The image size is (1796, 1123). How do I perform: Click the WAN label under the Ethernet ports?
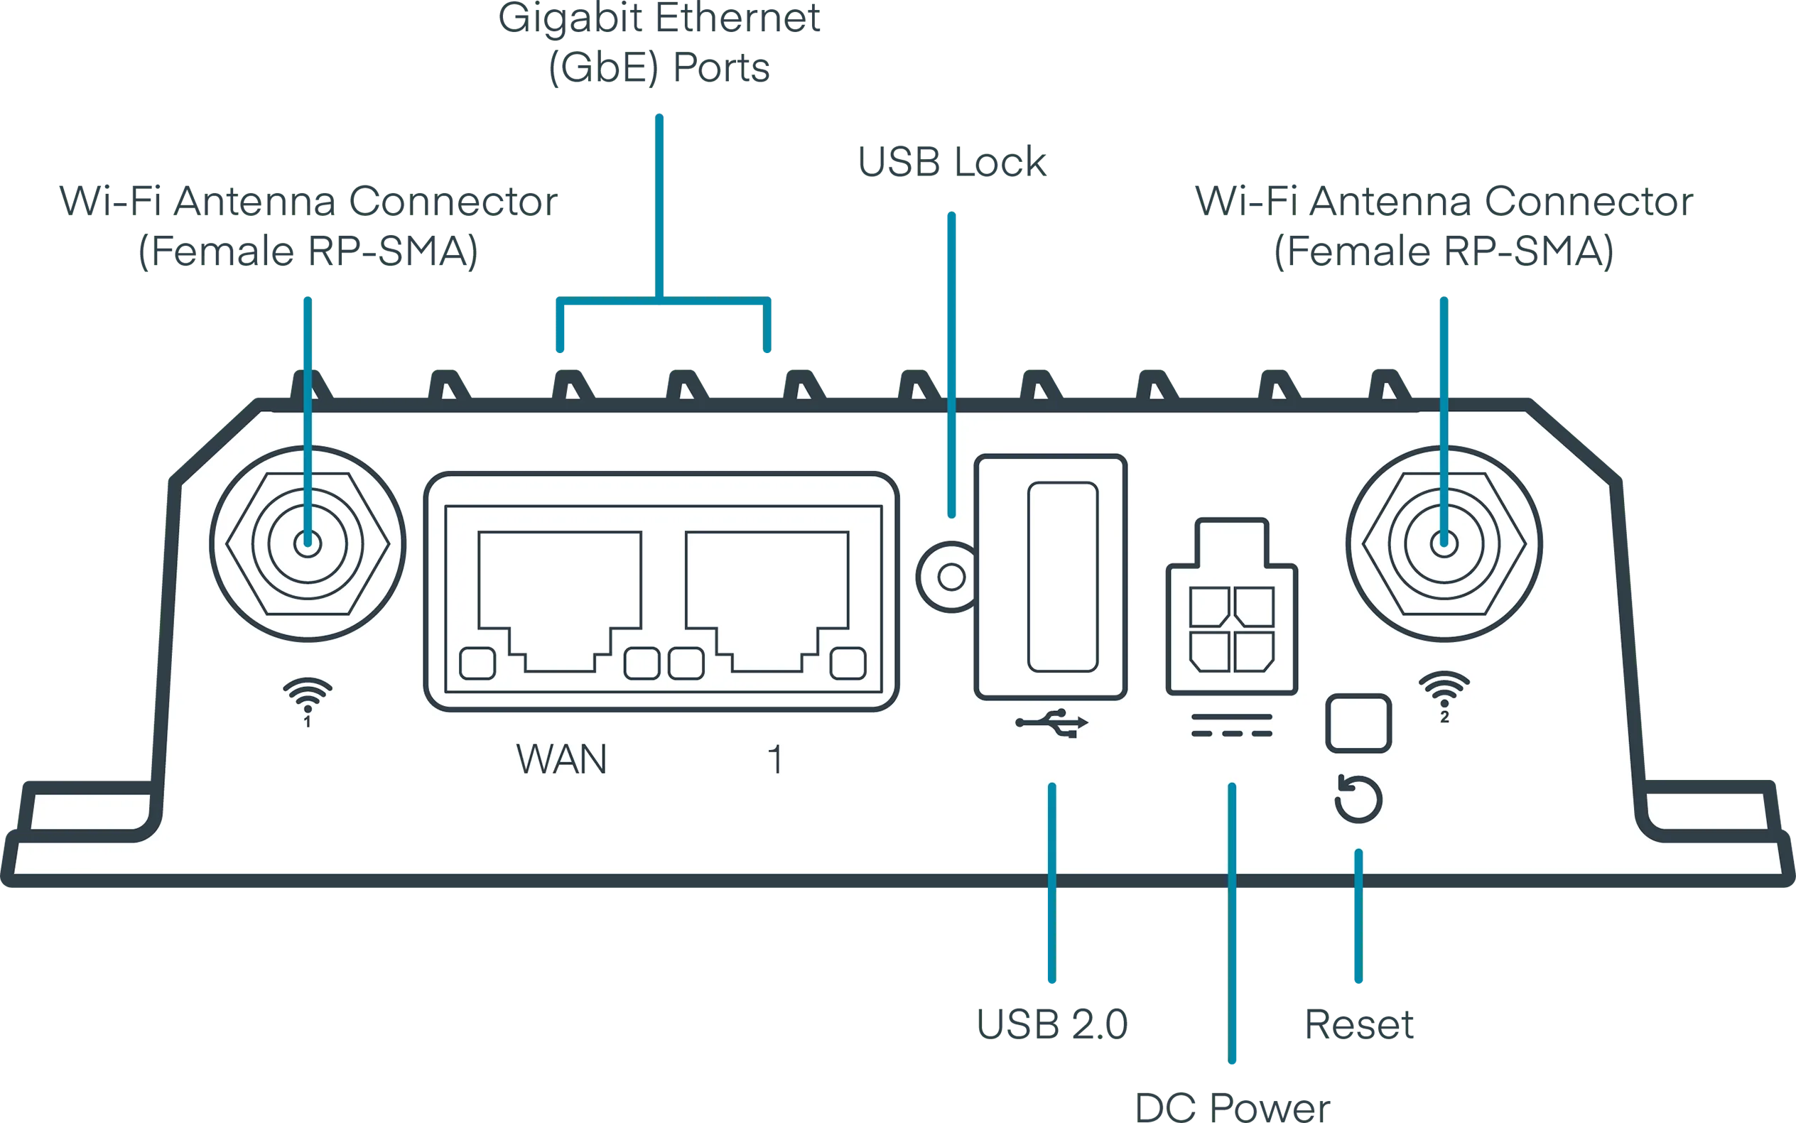tap(561, 759)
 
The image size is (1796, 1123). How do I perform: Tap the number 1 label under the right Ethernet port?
tap(774, 760)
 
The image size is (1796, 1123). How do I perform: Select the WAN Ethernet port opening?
tap(560, 595)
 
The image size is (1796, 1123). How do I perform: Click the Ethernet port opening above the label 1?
tap(767, 595)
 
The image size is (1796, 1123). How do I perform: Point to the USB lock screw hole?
tap(951, 577)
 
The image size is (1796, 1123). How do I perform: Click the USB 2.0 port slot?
tap(1062, 576)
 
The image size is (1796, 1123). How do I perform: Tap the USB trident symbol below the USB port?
tap(1051, 722)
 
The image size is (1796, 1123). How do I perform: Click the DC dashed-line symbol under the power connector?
tap(1231, 726)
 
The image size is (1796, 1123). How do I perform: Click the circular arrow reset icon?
tap(1358, 799)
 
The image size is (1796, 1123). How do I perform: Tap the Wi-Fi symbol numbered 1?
tap(308, 698)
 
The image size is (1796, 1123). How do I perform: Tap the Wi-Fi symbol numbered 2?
tap(1444, 693)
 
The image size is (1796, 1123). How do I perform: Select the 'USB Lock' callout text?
tap(953, 161)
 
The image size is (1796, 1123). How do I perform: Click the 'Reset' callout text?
tap(1358, 1024)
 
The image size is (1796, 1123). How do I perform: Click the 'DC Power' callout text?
tap(1235, 1107)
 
